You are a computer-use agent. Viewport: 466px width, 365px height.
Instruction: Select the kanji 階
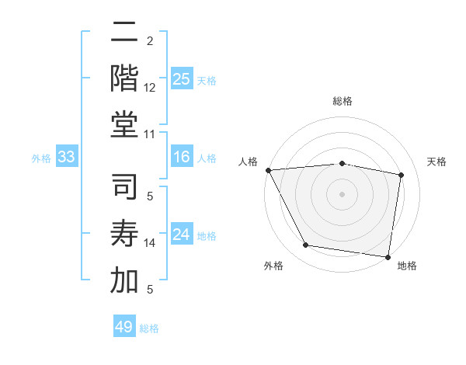(x=125, y=78)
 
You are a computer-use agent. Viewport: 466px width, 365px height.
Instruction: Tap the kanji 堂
(x=125, y=124)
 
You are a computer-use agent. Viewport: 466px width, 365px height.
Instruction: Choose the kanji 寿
(x=125, y=235)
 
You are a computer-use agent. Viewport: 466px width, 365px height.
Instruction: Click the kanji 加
(x=125, y=280)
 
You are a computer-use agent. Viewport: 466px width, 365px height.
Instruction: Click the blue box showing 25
(x=181, y=78)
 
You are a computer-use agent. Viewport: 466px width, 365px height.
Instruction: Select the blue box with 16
(x=181, y=158)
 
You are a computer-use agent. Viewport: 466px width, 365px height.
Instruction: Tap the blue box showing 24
(x=181, y=235)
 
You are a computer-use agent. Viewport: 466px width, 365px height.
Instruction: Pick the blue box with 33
(x=67, y=158)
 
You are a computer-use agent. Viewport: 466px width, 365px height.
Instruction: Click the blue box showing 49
(x=124, y=327)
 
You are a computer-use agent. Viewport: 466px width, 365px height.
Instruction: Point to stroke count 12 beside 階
(x=150, y=88)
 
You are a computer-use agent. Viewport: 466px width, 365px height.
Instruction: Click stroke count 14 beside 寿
(x=150, y=243)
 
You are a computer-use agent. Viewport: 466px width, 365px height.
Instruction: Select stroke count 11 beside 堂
(x=150, y=134)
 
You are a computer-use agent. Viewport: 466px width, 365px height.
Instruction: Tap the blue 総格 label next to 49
(x=149, y=328)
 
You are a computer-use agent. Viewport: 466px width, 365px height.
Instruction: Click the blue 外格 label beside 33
(x=41, y=158)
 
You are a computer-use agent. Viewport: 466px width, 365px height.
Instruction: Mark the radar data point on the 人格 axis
(x=268, y=170)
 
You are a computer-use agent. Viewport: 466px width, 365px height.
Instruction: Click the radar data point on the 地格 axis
(x=388, y=255)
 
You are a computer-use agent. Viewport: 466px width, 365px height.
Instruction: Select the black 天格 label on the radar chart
(x=436, y=162)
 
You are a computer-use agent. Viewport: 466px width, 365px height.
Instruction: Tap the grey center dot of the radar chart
(x=342, y=193)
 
